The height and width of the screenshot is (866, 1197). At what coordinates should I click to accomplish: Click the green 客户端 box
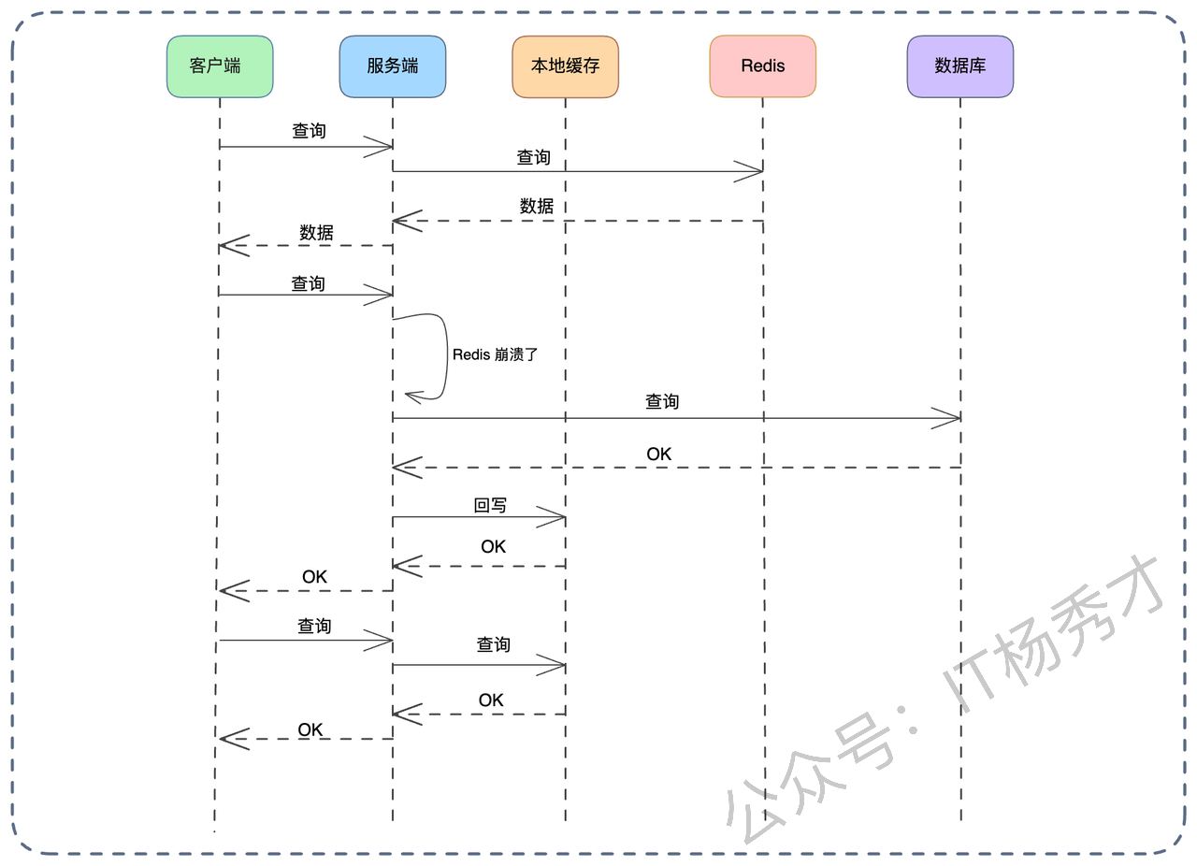click(220, 66)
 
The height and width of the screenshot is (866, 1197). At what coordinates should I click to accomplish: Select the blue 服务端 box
click(393, 66)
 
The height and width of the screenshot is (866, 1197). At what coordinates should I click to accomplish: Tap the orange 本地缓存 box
click(565, 66)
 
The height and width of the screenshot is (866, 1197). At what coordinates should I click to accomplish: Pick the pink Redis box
click(762, 66)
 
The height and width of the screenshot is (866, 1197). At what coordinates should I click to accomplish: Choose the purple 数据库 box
click(959, 66)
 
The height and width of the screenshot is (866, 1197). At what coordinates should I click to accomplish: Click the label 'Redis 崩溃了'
click(495, 355)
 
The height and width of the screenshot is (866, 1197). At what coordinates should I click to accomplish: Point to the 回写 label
click(490, 505)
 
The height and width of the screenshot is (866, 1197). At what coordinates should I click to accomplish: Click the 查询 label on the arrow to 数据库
click(662, 402)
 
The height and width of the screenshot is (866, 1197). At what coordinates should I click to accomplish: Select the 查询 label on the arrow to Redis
click(534, 158)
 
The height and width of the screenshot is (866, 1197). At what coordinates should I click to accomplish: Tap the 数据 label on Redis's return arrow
click(537, 207)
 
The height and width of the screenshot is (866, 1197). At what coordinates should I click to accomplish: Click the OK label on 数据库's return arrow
click(658, 455)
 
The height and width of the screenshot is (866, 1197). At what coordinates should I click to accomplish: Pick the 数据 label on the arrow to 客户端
click(316, 233)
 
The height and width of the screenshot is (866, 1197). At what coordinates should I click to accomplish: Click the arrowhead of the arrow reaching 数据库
click(949, 418)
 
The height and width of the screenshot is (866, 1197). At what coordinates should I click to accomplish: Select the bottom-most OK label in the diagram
click(310, 729)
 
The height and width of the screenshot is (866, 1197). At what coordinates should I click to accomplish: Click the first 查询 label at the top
click(310, 132)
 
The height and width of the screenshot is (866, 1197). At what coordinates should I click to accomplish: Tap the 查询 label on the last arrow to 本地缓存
click(494, 645)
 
